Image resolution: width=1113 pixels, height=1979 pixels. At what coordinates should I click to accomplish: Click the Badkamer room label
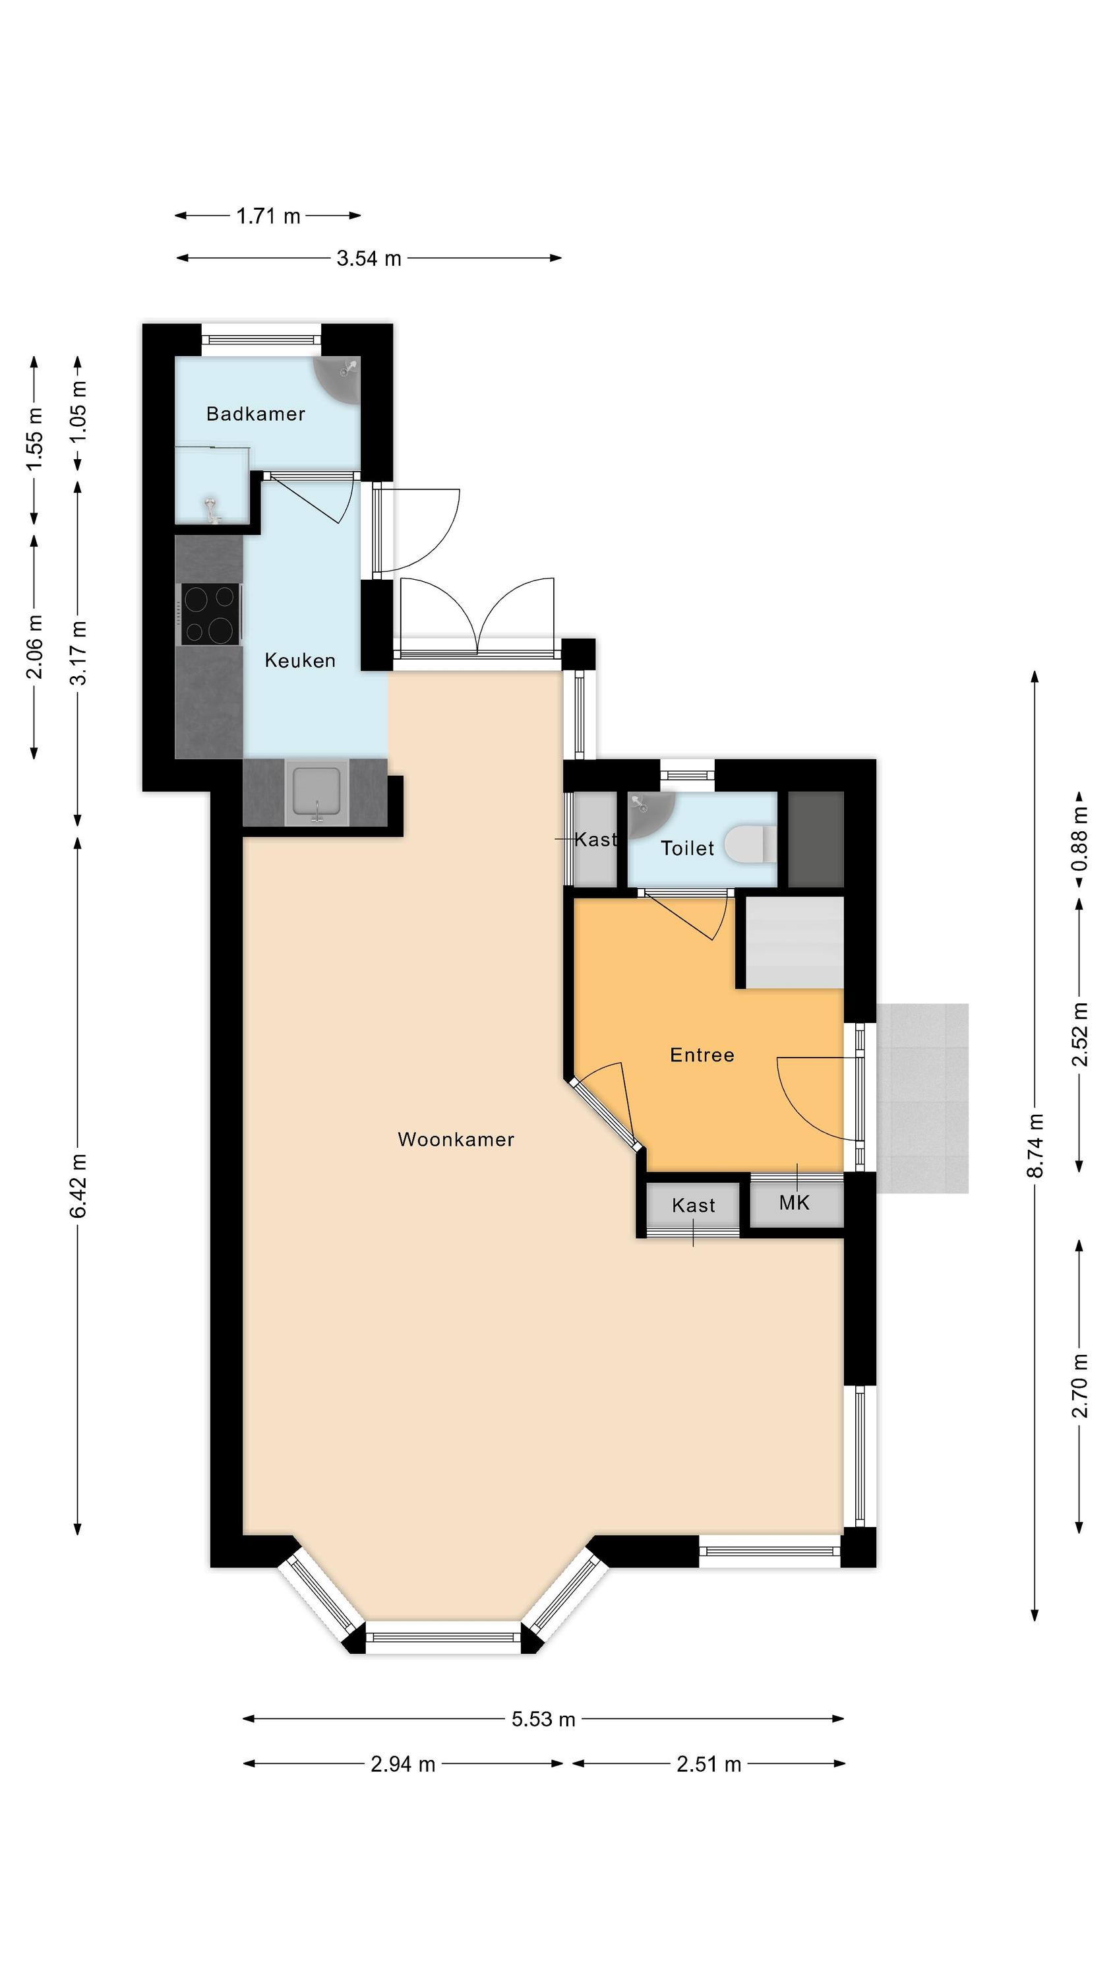click(x=256, y=414)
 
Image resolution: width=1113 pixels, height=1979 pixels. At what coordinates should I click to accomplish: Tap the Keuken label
click(x=299, y=661)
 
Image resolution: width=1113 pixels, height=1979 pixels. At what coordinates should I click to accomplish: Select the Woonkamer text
click(x=456, y=1139)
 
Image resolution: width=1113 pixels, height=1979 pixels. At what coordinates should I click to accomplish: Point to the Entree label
click(x=702, y=1055)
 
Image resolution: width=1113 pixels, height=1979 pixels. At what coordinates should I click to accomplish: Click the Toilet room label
click(x=688, y=848)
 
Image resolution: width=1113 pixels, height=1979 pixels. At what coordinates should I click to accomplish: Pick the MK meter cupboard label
click(x=795, y=1203)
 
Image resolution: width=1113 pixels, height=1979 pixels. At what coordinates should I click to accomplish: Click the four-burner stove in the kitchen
click(x=210, y=615)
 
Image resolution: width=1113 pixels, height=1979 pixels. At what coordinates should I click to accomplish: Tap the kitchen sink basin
click(x=316, y=792)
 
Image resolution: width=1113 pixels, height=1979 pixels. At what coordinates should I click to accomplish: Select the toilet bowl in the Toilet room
click(x=750, y=844)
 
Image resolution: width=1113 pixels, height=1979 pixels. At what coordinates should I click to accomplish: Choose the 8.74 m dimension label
click(x=1035, y=1145)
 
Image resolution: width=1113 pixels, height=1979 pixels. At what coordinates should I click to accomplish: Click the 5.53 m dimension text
click(x=543, y=1718)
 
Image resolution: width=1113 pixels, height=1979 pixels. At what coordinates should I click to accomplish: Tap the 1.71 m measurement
click(x=268, y=216)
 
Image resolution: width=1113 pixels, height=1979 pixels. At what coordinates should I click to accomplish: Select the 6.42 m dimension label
click(x=78, y=1185)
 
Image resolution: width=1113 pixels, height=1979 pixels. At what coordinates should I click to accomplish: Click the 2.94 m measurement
click(x=402, y=1764)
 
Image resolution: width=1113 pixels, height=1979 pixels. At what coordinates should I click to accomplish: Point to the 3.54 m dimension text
click(x=369, y=258)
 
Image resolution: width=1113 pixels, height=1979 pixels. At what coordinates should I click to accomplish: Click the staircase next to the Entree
click(x=795, y=943)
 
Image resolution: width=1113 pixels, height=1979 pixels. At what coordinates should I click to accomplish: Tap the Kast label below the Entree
click(x=693, y=1205)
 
